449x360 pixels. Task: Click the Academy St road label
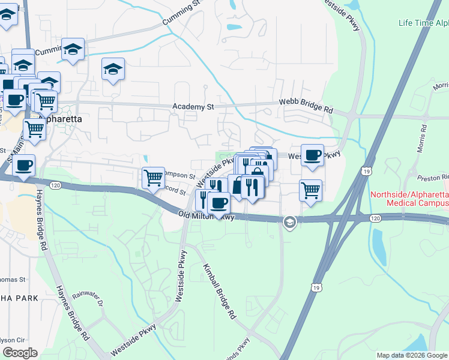click(193, 107)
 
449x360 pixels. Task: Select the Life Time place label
click(423, 23)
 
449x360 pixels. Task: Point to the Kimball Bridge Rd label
click(218, 291)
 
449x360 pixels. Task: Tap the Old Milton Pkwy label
click(206, 215)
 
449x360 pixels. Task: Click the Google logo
click(20, 352)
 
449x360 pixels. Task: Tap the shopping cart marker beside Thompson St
click(153, 178)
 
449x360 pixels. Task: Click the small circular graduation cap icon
click(289, 223)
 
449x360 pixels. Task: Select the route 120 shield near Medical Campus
click(375, 218)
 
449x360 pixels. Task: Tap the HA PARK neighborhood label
click(19, 298)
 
